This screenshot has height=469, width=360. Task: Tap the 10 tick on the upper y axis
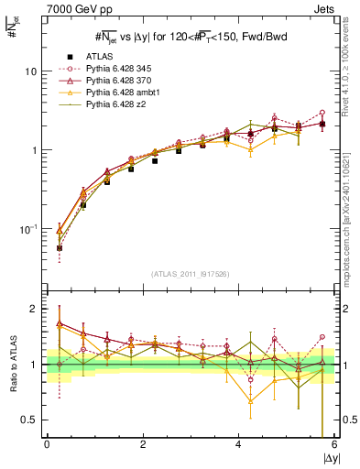tap(30, 71)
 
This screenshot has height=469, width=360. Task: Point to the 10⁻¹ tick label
tap(27, 228)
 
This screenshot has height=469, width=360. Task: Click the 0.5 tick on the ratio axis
tap(29, 420)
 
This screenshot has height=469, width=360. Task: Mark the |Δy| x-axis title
tap(328, 458)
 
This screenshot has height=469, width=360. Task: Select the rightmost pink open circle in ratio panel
tap(322, 336)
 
